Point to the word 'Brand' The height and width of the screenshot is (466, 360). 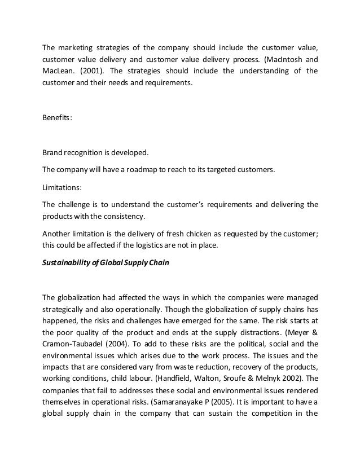pyautogui.click(x=53, y=152)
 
